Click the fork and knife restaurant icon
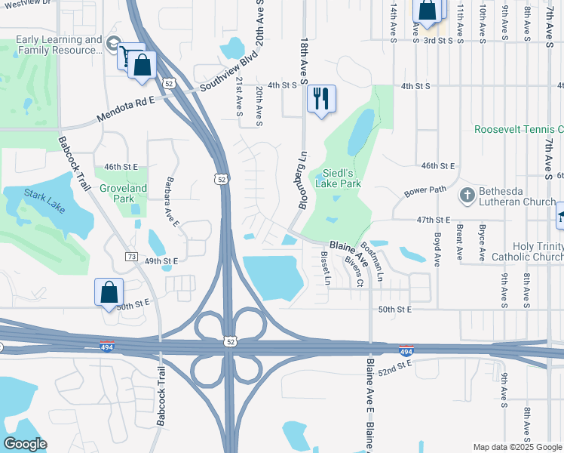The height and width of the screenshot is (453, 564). [322, 98]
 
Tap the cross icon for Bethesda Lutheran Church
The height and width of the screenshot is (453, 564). [467, 196]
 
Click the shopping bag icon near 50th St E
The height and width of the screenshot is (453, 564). [109, 291]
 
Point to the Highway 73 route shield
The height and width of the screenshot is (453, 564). [131, 257]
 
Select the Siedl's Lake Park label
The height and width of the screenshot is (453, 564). [344, 177]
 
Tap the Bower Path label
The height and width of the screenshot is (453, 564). [425, 191]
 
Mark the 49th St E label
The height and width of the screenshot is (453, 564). [161, 260]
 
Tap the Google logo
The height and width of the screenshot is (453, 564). [25, 444]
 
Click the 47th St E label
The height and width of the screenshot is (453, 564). [432, 219]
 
